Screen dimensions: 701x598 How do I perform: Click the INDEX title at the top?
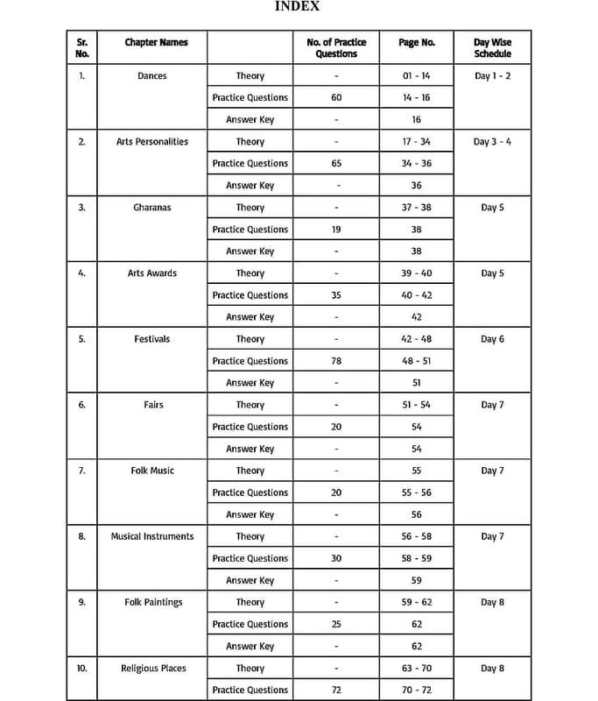coord(298,7)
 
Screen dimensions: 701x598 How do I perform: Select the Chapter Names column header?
coord(156,42)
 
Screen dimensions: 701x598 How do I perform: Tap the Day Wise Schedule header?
coord(492,47)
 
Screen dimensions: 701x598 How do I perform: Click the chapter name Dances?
coord(152,76)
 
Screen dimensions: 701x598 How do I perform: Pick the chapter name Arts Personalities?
coord(152,142)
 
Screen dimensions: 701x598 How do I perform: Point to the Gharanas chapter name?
coord(152,208)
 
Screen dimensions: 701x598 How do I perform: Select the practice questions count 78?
coord(336,361)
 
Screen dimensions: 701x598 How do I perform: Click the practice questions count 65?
coord(336,164)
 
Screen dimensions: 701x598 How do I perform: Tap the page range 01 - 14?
coord(416,76)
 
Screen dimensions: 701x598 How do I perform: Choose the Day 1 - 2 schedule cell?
coord(492,76)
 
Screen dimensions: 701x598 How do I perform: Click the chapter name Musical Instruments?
coord(152,536)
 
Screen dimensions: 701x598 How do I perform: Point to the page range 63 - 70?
coord(416,669)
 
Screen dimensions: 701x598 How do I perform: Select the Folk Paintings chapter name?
coord(153,603)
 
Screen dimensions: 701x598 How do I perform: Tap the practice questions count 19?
coord(336,230)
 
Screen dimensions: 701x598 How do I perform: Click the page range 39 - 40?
coord(416,273)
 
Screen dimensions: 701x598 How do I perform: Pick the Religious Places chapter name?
coord(153,669)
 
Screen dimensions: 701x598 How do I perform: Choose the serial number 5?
coord(81,339)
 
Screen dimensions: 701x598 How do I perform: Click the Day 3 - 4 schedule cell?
coord(492,142)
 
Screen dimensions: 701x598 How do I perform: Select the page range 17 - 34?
coord(416,142)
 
